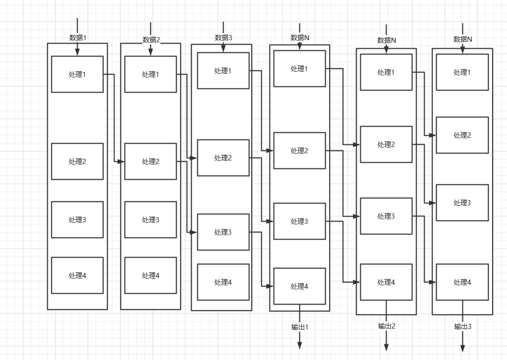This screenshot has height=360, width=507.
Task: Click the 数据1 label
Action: pos(78,38)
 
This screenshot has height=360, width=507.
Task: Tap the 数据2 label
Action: pos(151,40)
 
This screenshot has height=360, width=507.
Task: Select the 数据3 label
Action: pos(224,38)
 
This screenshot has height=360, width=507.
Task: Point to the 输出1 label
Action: pos(300,327)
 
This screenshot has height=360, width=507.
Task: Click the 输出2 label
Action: pos(386,326)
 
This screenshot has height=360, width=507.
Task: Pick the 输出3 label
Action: pos(463,326)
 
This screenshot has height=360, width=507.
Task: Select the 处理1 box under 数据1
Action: pos(77,74)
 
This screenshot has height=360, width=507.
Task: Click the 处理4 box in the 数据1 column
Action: pos(77,275)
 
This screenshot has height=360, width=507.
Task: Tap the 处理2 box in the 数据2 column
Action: pos(151,161)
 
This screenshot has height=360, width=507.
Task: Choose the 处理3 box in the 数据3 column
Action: pos(223,232)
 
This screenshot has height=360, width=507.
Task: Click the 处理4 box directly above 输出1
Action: pos(300,286)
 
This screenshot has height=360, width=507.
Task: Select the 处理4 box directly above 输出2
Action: pos(386,282)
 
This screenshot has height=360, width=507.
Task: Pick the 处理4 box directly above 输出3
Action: pos(462,282)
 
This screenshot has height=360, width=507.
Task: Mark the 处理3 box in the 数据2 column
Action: pos(151,220)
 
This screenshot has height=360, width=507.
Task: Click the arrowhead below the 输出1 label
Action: pos(300,346)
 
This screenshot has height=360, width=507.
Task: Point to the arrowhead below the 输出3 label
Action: pos(463,349)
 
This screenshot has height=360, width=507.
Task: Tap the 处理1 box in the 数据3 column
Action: pos(223,71)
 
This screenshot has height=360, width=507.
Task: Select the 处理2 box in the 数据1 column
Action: pos(77,161)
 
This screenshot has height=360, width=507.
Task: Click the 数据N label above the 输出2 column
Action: pos(386,40)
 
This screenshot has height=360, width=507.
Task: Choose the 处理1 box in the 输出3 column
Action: pos(462,72)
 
